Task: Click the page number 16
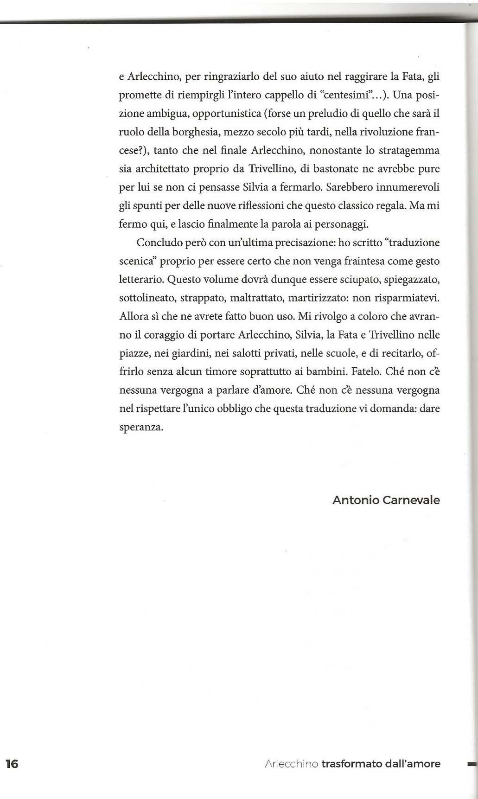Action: [x=12, y=763]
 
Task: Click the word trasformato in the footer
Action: [x=351, y=763]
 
